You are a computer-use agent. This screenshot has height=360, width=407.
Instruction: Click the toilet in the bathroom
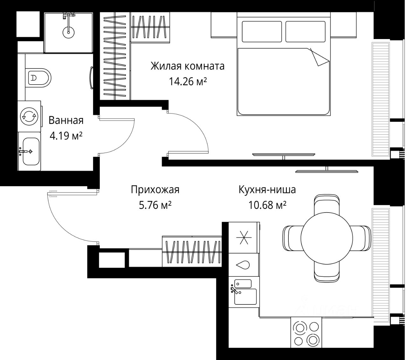[38, 78]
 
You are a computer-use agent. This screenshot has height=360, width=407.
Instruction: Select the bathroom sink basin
[31, 151]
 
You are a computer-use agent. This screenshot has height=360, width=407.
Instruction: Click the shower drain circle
[68, 32]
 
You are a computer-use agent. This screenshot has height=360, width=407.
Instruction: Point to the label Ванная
[66, 120]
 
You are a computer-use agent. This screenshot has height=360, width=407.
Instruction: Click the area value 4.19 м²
[66, 136]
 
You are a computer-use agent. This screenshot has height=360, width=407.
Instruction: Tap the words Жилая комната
[187, 66]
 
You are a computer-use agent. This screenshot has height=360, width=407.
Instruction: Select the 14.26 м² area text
[188, 82]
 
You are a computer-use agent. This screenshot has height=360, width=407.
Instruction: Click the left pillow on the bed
[262, 31]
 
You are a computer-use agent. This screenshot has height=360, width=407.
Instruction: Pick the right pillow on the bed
[305, 31]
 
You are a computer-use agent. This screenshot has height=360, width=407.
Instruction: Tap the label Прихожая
[155, 190]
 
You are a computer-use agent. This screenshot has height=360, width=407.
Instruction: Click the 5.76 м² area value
[155, 205]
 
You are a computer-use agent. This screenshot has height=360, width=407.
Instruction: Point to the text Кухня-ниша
[267, 190]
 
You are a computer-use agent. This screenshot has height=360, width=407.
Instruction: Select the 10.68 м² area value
[267, 205]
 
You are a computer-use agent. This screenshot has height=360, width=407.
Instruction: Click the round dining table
[327, 238]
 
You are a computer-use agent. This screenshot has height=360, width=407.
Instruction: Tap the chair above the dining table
[327, 204]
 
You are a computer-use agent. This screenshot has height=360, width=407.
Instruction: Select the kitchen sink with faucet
[244, 292]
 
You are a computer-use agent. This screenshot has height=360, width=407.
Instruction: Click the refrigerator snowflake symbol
[244, 237]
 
